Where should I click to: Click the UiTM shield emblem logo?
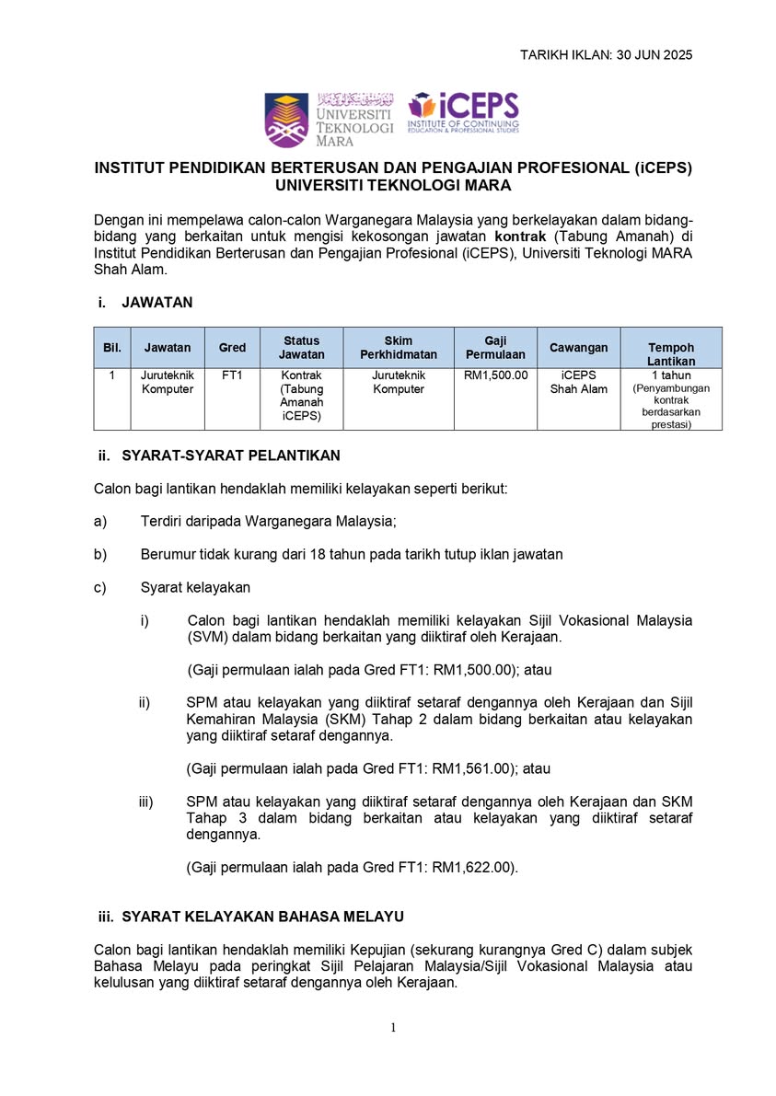click(286, 120)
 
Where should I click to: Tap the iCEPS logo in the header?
click(464, 113)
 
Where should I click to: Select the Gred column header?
click(232, 348)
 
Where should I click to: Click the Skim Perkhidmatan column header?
click(398, 348)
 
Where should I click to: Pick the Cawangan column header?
click(578, 348)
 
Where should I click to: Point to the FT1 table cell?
click(232, 376)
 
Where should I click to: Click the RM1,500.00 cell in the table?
click(495, 376)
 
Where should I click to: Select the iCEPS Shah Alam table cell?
click(578, 382)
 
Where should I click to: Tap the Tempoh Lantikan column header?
click(671, 354)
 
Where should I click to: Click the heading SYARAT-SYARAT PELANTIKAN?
click(231, 456)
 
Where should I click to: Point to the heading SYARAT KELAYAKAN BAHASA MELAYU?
click(262, 917)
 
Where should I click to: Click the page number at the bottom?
click(393, 1028)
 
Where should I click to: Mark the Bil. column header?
click(111, 348)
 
